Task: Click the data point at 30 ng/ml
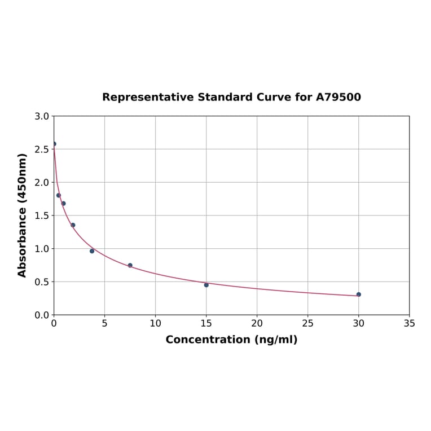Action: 358,294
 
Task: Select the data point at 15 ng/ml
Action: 206,285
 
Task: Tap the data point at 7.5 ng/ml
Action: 130,265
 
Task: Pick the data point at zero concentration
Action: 54,144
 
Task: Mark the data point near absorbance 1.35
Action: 73,225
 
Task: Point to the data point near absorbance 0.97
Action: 92,251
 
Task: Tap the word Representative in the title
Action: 148,98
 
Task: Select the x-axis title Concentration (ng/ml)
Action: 231,340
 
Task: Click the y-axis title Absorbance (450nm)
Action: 23,215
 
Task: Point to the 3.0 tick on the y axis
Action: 41,116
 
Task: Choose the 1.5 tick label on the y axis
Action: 41,215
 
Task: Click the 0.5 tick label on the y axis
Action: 41,282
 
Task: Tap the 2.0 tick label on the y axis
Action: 41,182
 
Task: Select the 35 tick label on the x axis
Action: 409,324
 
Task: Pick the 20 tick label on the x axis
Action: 257,324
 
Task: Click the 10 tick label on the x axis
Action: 155,324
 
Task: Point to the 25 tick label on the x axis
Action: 307,324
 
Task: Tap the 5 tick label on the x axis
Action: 104,324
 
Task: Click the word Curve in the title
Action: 274,98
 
